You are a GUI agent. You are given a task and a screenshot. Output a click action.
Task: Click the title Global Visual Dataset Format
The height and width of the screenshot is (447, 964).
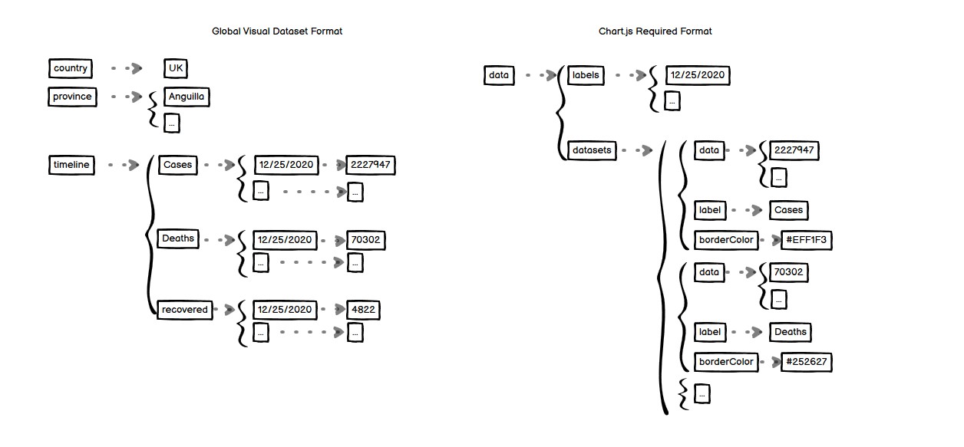(x=276, y=31)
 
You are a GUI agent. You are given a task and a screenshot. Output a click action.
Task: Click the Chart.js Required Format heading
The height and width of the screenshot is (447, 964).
(x=655, y=31)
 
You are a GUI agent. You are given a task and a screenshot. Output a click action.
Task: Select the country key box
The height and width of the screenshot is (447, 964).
(x=71, y=68)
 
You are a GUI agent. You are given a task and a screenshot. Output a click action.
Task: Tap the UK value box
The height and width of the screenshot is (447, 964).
(x=176, y=68)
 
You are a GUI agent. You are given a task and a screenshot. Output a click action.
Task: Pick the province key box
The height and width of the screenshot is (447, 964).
(x=72, y=97)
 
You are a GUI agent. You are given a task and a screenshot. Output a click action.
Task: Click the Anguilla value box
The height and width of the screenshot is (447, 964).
(x=186, y=97)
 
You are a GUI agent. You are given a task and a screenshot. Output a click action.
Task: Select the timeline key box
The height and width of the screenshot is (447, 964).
(x=71, y=165)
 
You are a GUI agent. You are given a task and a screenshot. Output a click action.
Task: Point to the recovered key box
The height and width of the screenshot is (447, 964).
(x=184, y=310)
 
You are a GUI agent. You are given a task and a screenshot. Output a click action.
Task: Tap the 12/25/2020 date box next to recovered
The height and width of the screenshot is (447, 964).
(x=286, y=310)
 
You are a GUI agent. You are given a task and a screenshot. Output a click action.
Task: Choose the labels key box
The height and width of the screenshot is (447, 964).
(x=586, y=75)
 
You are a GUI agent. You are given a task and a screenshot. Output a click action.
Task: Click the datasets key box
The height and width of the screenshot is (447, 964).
(x=592, y=150)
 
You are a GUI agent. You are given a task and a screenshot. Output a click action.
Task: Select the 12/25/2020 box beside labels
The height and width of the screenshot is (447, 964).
(x=697, y=75)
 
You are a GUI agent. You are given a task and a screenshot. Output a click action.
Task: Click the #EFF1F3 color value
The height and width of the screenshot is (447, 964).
(x=806, y=240)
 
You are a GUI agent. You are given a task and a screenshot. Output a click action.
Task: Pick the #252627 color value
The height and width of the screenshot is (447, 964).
(x=806, y=362)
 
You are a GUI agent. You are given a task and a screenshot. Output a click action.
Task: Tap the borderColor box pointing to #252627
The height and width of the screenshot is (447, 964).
(x=725, y=362)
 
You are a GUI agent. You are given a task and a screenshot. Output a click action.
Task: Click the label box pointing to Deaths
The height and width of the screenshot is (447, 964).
(x=710, y=332)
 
